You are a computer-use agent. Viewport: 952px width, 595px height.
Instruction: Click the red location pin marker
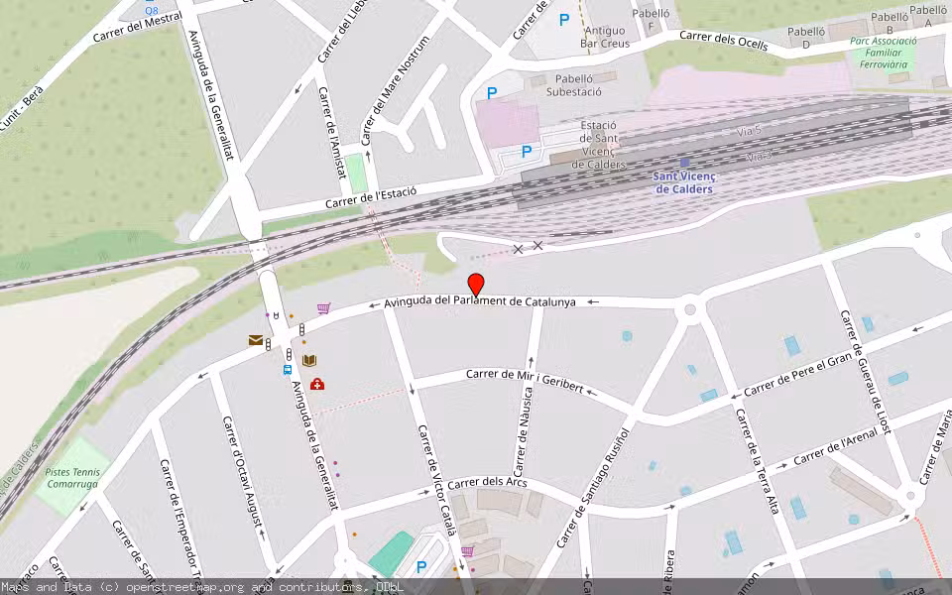(x=476, y=285)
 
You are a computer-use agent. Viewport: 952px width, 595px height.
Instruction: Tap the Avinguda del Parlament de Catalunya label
(x=480, y=301)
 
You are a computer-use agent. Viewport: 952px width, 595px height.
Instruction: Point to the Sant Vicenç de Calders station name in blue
(x=684, y=182)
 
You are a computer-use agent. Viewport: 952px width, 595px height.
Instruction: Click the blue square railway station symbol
(x=684, y=162)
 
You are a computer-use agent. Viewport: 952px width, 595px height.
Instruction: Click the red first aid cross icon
(x=316, y=384)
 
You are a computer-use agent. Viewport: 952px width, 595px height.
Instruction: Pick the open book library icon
(x=309, y=361)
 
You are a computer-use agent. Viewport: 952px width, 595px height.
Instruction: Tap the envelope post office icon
(x=256, y=340)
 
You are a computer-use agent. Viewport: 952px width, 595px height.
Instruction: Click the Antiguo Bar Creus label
(x=605, y=37)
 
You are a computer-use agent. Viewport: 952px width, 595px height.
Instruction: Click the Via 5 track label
(x=750, y=131)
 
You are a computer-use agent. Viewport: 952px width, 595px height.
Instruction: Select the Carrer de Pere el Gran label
(x=797, y=376)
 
